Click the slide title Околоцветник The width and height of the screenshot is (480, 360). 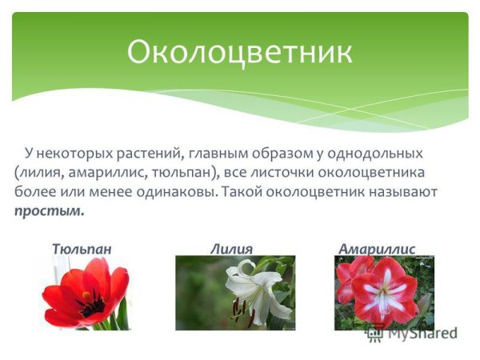239,52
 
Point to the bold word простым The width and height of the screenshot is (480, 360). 49,211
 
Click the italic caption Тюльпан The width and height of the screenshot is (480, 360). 82,249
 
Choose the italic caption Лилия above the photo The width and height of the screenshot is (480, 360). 232,249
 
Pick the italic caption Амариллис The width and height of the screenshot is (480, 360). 377,249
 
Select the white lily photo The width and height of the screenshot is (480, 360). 235,293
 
